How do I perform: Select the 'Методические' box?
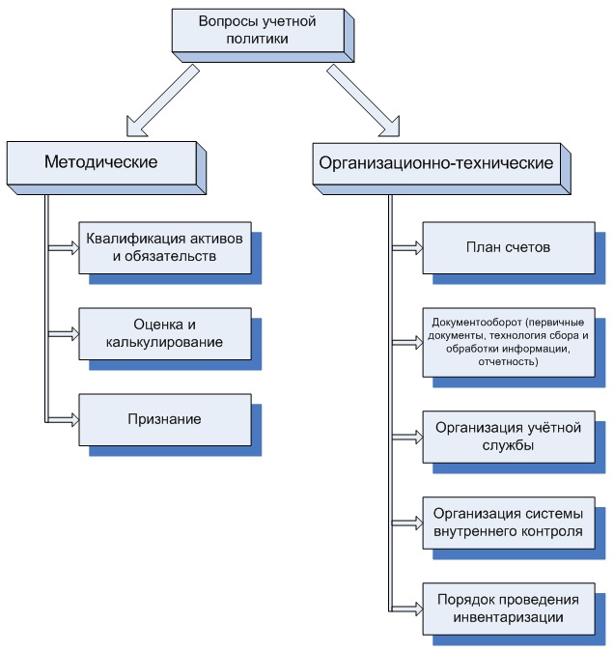tap(100, 162)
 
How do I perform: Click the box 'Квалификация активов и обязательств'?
tap(163, 247)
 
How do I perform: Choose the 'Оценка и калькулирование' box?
tap(164, 333)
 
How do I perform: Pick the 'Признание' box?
tap(164, 419)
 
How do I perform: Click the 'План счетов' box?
tap(508, 247)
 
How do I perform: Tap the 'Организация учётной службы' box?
tap(508, 436)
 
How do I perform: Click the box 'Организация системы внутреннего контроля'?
tap(508, 522)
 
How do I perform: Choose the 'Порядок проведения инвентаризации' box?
tap(508, 608)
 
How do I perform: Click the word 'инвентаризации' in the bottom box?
tap(508, 616)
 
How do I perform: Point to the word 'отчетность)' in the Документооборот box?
tap(508, 361)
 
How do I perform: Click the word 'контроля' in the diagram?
tap(552, 530)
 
